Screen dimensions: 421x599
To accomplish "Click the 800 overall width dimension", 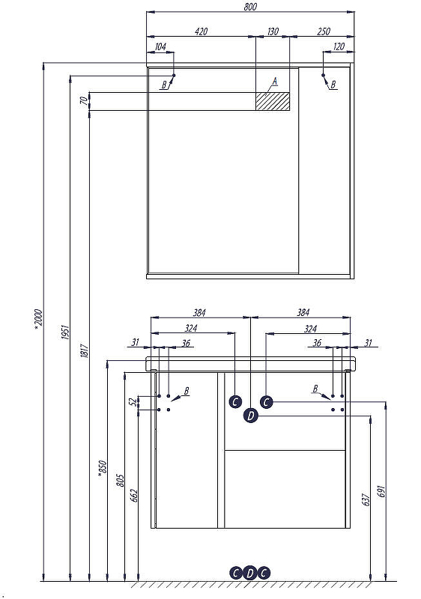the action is click(x=250, y=7).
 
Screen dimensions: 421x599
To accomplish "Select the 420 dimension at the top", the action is click(x=201, y=31).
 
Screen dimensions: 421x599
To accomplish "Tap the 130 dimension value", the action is click(x=273, y=31).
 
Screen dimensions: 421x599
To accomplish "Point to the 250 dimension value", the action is click(x=324, y=31).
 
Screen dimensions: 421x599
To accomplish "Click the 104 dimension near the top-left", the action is click(x=160, y=46).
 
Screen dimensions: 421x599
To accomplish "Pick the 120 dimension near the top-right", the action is click(x=339, y=46).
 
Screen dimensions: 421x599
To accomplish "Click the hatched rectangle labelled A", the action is click(x=273, y=101).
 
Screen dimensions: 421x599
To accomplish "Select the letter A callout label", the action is click(x=274, y=82).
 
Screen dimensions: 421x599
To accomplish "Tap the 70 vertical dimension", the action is click(x=84, y=101).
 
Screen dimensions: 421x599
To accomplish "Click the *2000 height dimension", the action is click(x=39, y=319).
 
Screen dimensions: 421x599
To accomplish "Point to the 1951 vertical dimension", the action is click(x=65, y=332).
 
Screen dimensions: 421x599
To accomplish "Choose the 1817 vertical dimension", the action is click(x=85, y=350).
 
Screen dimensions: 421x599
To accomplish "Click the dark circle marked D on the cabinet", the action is click(x=250, y=416).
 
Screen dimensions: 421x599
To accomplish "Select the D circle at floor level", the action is click(x=250, y=573).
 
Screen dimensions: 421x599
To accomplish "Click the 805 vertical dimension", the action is click(x=120, y=480).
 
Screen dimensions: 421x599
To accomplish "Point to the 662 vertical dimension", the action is click(x=133, y=496).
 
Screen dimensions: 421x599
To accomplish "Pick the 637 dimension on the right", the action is click(x=366, y=499).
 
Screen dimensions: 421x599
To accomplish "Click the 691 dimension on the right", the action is click(x=381, y=491).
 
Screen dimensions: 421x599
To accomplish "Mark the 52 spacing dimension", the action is click(x=133, y=402).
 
